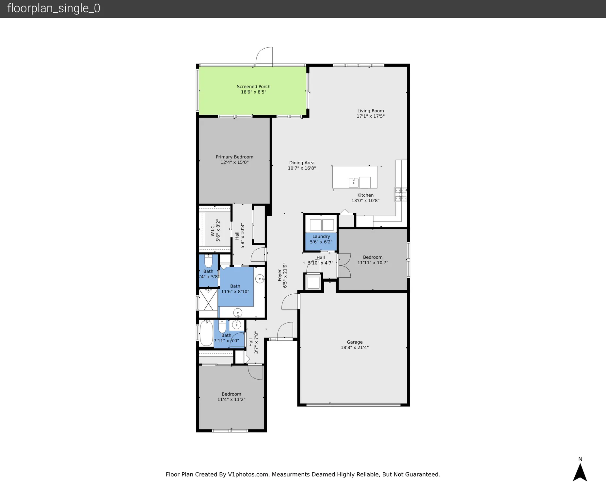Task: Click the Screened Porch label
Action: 253,87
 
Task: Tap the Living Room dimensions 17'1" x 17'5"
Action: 370,116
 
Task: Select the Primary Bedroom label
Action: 234,157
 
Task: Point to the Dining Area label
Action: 302,163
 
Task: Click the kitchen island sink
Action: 354,183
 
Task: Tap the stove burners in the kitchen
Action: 401,194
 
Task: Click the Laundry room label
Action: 321,237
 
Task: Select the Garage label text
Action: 355,342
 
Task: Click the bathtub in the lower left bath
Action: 206,333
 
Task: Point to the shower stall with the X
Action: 208,300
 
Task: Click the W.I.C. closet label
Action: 213,230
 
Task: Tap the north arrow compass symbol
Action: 580,472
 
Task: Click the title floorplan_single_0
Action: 54,8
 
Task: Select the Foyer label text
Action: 280,275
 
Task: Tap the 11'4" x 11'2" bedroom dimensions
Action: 231,400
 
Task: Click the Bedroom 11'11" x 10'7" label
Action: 373,257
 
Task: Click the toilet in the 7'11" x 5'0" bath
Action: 222,326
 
